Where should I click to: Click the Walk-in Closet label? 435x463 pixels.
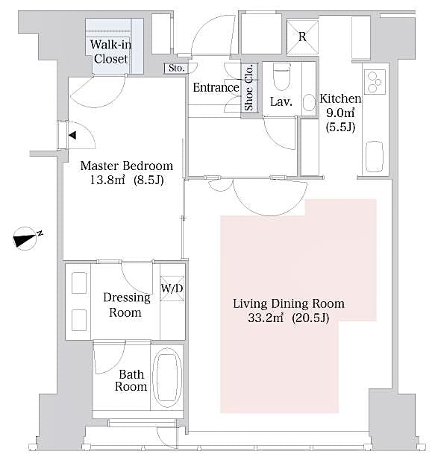pos(110,51)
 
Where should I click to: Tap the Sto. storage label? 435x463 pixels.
pos(176,69)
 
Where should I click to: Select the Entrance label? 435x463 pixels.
pos(216,87)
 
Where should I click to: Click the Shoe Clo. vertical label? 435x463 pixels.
pos(249,87)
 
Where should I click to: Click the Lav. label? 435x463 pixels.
pos(281,101)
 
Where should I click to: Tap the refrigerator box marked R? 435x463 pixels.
pos(301,35)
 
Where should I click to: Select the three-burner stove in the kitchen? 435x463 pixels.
pos(374,78)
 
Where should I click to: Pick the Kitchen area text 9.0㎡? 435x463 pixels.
pos(339,113)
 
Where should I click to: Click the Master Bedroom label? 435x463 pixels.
pos(126,166)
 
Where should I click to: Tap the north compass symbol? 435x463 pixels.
pos(28,239)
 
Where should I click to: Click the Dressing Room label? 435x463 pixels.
pos(125,305)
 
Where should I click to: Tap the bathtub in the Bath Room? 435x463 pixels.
pos(166,378)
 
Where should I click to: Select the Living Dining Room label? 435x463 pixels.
pos(289,303)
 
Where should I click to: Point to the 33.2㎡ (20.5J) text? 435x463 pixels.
pos(289,318)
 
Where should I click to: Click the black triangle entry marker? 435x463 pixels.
pos(72,135)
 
